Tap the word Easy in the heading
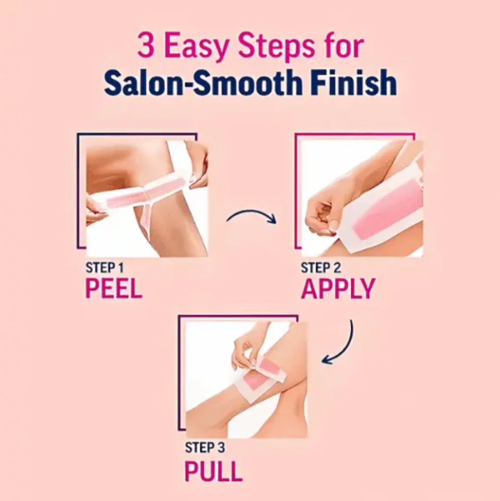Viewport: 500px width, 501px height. point(197,47)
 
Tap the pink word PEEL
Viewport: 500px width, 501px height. point(114,289)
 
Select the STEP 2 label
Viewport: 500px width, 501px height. point(321,268)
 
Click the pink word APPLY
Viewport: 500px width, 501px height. point(338,289)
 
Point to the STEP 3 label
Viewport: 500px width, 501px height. point(204,447)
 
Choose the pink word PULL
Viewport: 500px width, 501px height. point(213,471)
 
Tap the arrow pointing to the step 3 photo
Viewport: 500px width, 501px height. point(339,346)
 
